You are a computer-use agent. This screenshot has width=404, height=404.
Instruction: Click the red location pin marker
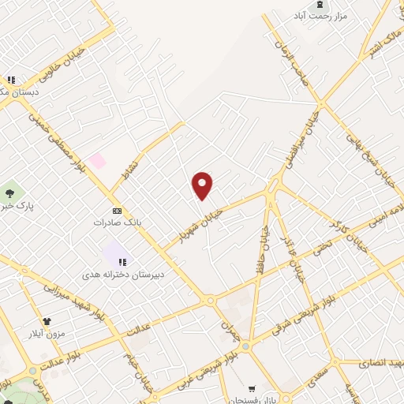tap(203, 185)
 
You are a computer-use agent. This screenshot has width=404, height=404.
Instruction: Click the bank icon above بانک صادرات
tap(117, 211)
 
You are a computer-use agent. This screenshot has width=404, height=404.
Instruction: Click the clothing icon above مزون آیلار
tap(47, 322)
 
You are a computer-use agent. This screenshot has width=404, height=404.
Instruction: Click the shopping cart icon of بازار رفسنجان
tap(252, 388)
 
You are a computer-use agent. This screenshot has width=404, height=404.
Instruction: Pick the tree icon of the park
tap(9, 192)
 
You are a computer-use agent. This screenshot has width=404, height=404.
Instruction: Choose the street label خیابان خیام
tap(139, 365)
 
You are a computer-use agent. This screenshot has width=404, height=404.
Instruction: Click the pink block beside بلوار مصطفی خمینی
tap(97, 160)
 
